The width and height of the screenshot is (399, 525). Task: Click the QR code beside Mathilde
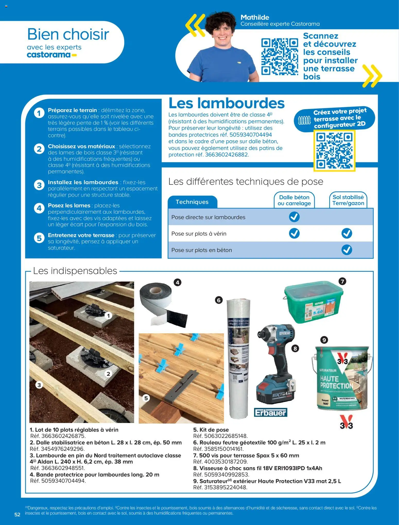pos(280,56)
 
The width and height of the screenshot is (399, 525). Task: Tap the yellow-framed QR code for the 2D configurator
pos(334,151)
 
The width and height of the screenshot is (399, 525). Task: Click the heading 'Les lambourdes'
pos(226,103)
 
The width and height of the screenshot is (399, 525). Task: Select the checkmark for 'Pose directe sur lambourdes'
pos(294,217)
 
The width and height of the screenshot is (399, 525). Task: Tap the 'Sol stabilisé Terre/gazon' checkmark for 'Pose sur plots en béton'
pos(346,250)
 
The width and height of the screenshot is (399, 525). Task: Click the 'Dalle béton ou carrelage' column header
pos(294,200)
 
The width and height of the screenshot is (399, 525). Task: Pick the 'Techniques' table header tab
pos(192,202)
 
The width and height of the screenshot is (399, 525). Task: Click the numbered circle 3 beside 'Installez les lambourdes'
pos(39,185)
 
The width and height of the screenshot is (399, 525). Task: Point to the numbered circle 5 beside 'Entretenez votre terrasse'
pos(39,238)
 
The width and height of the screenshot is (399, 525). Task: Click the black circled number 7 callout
pos(342,281)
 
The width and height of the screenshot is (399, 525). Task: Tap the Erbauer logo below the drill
pos(270,412)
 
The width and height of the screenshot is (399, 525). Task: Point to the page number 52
pos(17,514)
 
